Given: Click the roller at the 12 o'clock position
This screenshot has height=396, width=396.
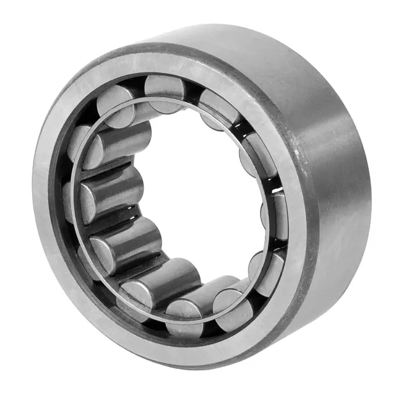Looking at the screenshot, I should click(166, 92).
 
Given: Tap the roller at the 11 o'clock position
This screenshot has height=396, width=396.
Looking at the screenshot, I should click(118, 105).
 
